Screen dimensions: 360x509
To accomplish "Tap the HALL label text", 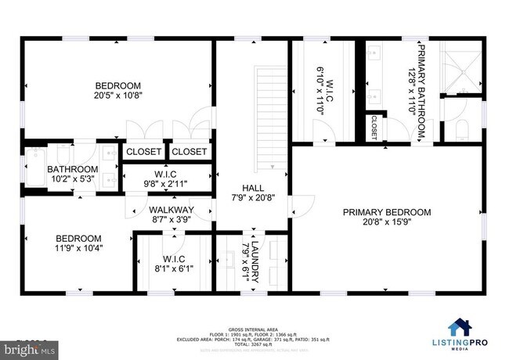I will click(x=253, y=189).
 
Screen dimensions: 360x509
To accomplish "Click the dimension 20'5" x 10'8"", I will click(x=118, y=97).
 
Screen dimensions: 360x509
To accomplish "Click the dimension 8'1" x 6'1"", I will click(x=172, y=268).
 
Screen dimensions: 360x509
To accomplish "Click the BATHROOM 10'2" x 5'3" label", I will click(x=73, y=169).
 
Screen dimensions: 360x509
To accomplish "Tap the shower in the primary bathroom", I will click(x=460, y=66).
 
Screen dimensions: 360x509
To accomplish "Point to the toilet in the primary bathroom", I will click(x=460, y=128).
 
